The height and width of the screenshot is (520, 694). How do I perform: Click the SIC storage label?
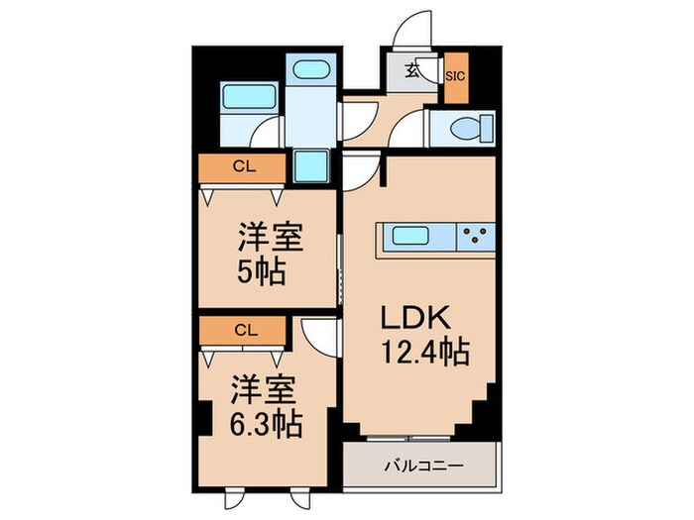[x=456, y=73]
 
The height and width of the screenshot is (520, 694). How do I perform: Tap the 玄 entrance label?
[x=411, y=71]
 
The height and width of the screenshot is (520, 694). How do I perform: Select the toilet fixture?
[x=467, y=128]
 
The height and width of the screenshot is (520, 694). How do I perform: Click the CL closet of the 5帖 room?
[x=242, y=167]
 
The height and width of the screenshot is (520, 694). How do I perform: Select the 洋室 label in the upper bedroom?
[x=268, y=239]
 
